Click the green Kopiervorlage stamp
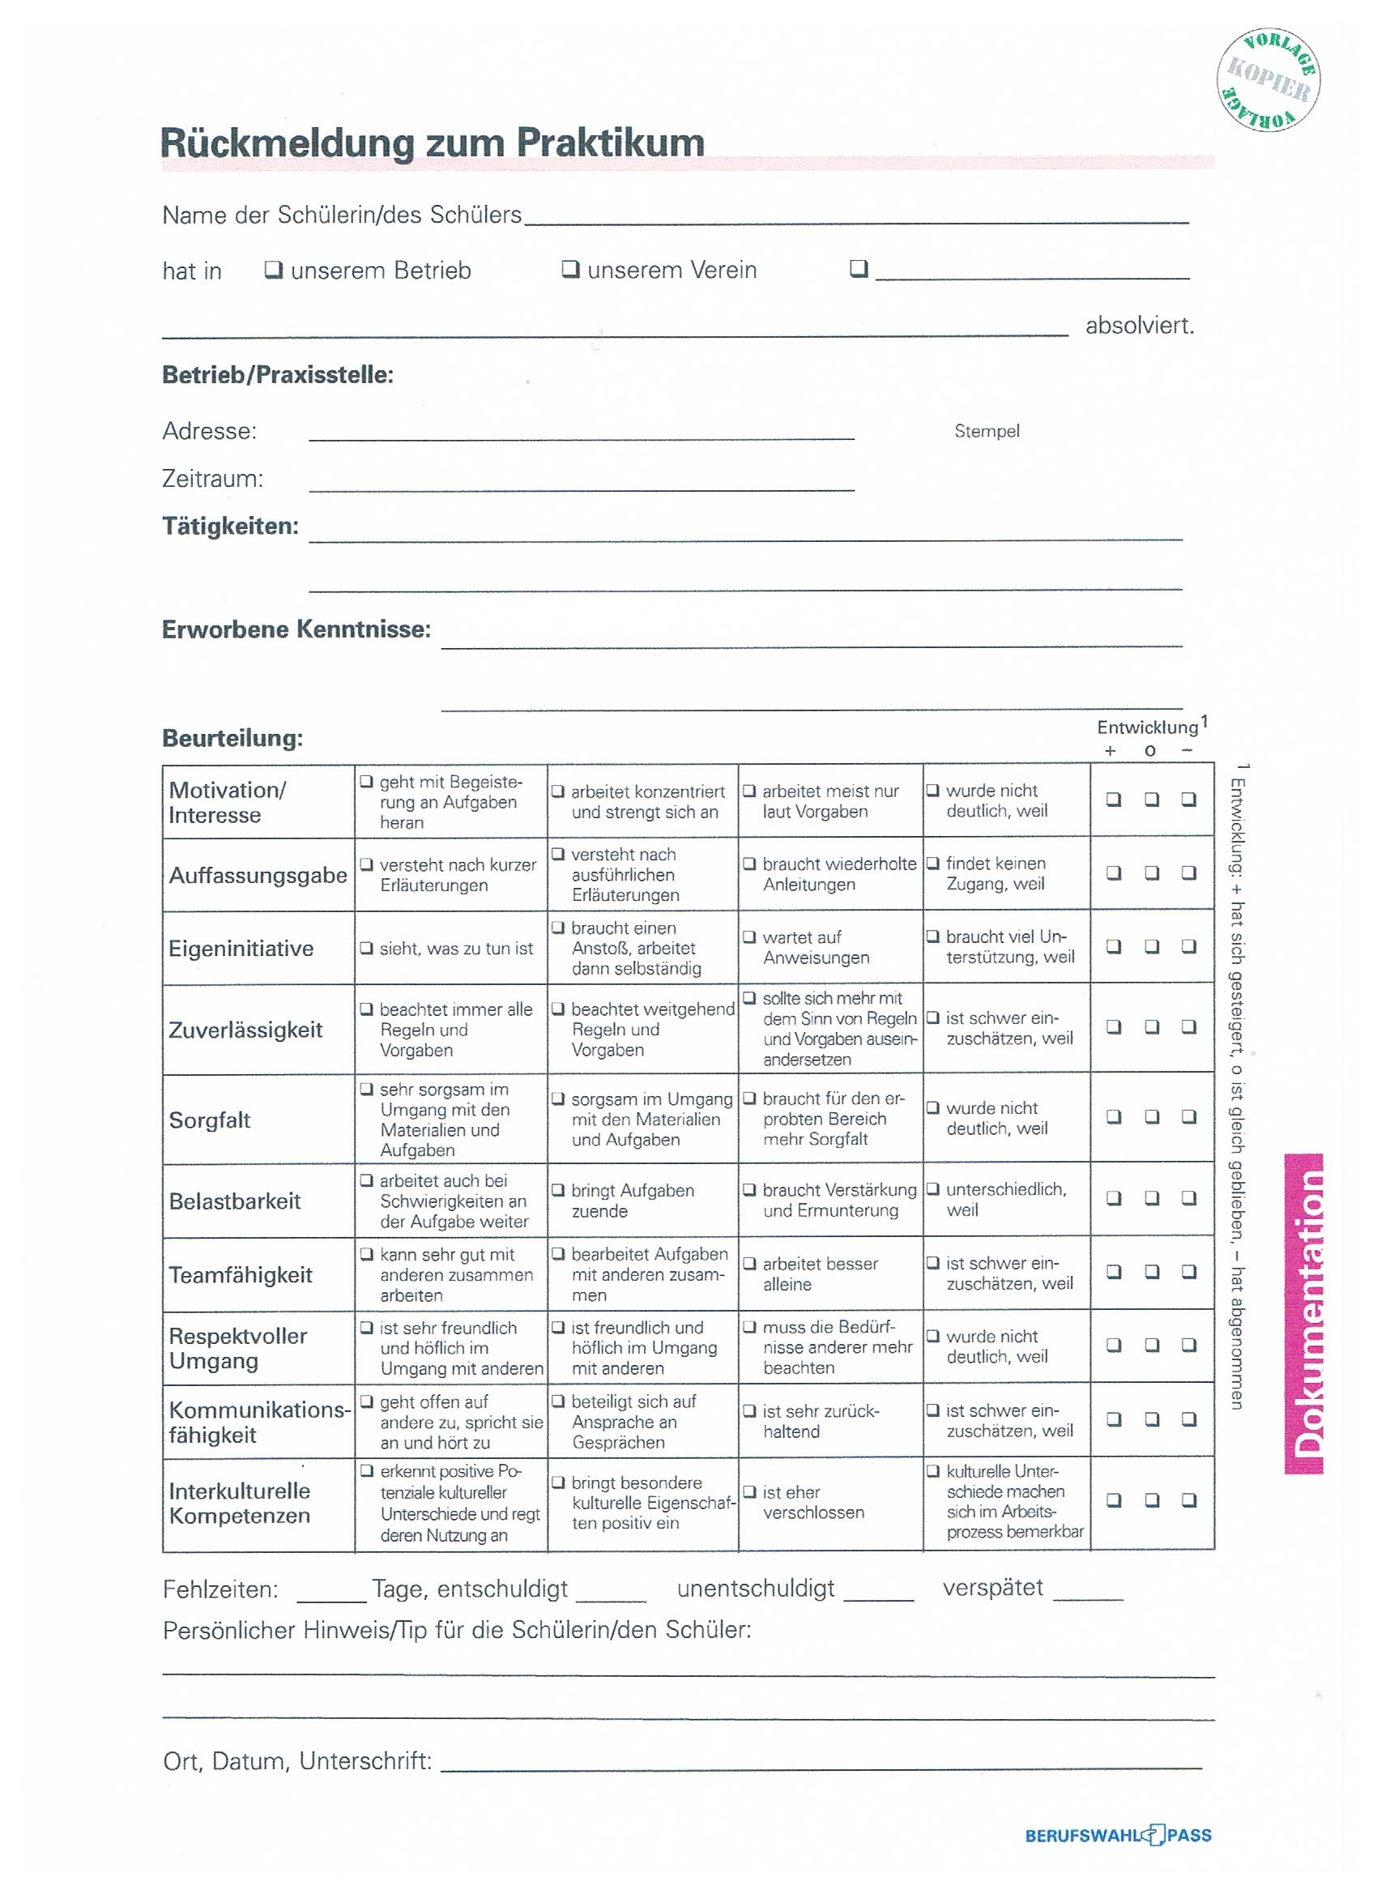tap(1268, 81)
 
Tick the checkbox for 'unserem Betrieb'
tap(272, 270)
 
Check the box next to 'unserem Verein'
tap(570, 269)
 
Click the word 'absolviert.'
tap(1139, 326)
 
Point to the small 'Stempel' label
tap(987, 431)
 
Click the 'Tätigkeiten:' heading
tap(230, 526)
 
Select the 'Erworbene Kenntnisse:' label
tap(296, 629)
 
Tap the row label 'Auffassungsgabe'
tap(258, 875)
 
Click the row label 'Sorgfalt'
tap(210, 1120)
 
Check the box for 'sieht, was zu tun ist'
tap(366, 948)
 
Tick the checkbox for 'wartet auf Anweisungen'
tap(749, 937)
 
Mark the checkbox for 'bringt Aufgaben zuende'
tap(558, 1191)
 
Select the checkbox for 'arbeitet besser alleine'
tap(749, 1264)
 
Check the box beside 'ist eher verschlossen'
tap(749, 1491)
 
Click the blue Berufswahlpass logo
tap(1117, 1835)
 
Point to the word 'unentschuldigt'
tap(755, 1588)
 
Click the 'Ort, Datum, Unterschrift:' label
tap(297, 1761)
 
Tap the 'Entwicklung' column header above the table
tap(1147, 727)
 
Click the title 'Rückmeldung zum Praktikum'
tap(432, 142)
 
